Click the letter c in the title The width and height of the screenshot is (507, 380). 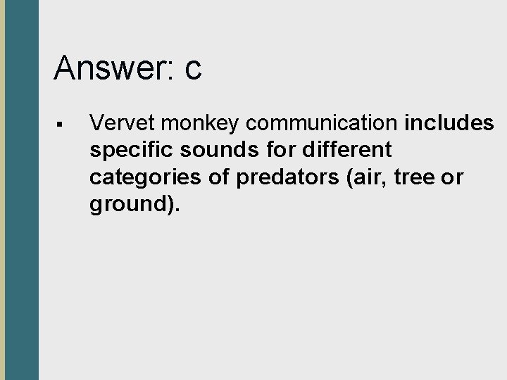(194, 69)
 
